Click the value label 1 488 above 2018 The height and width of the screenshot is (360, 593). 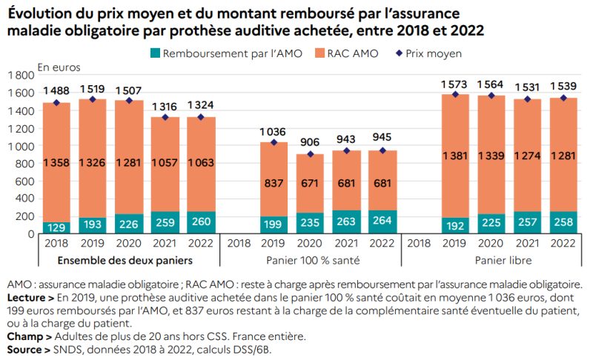point(56,90)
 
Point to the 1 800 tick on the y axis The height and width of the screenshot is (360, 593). point(21,75)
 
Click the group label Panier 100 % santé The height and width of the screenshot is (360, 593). point(311,261)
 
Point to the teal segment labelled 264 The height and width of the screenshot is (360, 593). point(382,221)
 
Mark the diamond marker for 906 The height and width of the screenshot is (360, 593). point(311,154)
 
